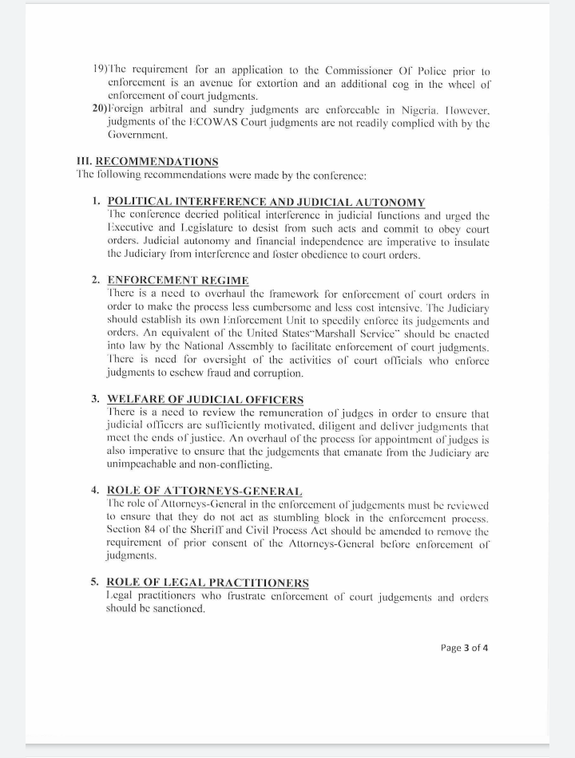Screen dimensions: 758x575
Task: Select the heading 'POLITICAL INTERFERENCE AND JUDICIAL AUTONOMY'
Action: tap(266, 203)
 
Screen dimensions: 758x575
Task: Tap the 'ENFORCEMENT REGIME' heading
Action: tap(178, 280)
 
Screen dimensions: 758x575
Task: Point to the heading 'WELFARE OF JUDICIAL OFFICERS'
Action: tap(205, 399)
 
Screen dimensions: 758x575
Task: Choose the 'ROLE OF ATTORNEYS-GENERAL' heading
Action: tap(204, 491)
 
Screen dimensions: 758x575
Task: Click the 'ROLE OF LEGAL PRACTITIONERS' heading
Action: tap(208, 582)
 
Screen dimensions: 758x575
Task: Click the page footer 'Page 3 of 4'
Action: tap(464, 647)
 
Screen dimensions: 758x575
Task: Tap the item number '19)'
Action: tap(101, 70)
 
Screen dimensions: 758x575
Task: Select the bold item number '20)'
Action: tap(102, 109)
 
